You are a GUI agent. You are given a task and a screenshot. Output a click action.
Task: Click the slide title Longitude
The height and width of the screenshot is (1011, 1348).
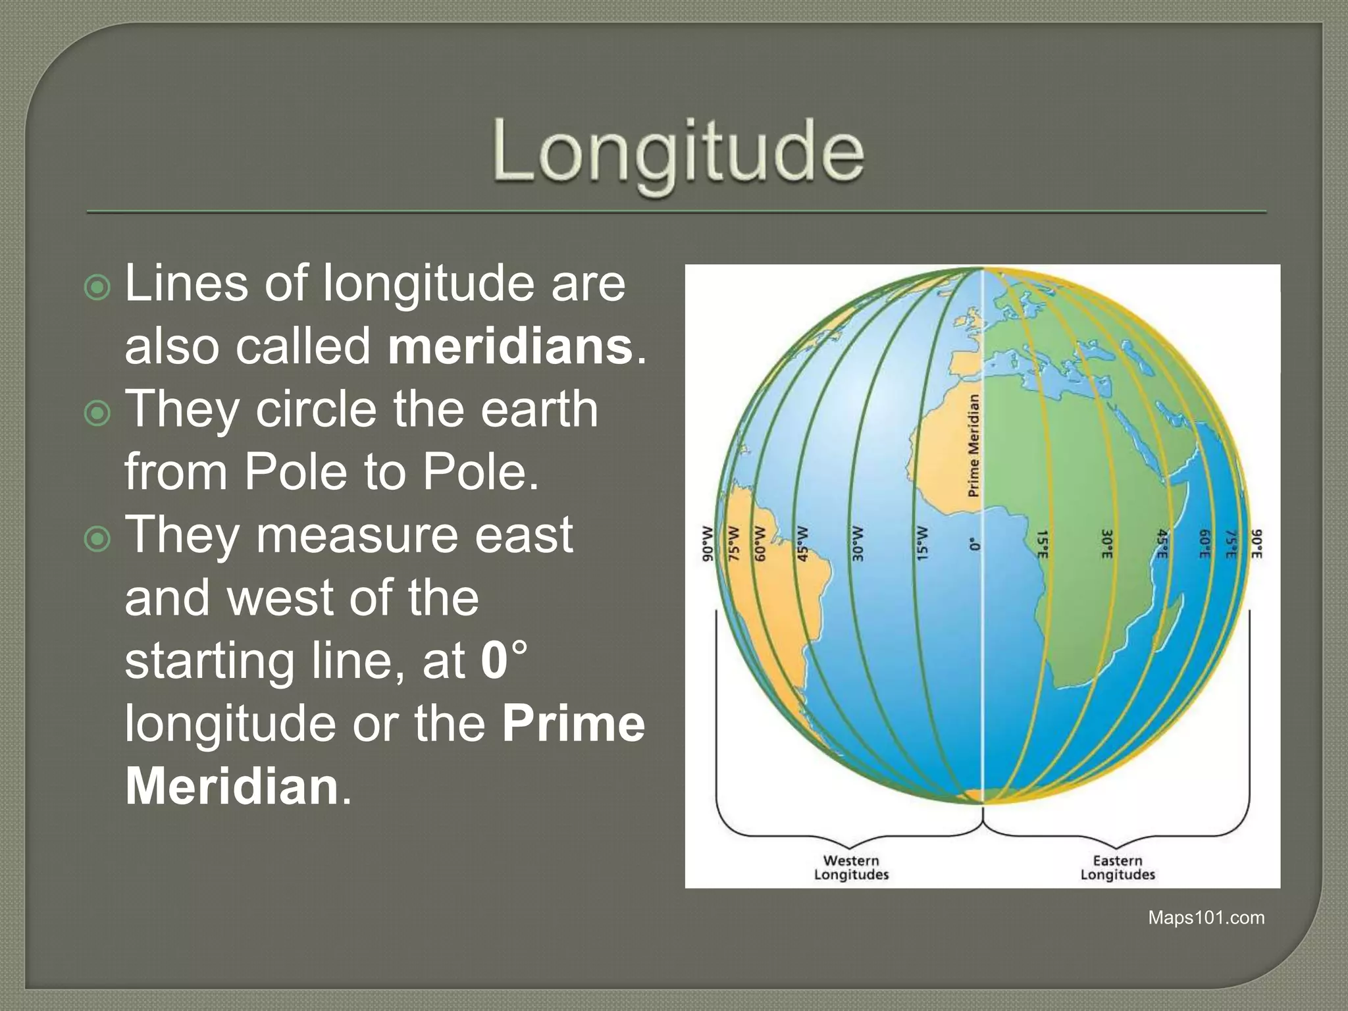pos(678,153)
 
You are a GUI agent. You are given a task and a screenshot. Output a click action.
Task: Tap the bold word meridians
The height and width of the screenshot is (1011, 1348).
pos(510,347)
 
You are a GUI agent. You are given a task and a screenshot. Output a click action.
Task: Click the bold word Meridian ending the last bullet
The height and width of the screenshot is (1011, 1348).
pos(232,787)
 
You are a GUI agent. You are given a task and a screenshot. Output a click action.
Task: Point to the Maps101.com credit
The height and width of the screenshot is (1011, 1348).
pos(1206,918)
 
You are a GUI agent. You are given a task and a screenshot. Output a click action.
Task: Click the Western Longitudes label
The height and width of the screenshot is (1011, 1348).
pos(851,868)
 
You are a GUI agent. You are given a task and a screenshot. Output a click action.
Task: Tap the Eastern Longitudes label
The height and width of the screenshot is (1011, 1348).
pos(1118,868)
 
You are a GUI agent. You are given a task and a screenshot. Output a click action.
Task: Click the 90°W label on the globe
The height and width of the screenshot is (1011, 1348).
pos(708,543)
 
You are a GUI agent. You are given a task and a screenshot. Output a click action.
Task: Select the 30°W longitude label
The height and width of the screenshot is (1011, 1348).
pos(858,543)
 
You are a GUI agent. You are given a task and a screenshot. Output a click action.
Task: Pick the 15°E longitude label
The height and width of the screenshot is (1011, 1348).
pos(1042,544)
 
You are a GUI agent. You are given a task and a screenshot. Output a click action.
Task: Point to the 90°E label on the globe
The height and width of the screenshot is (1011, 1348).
pos(1256,544)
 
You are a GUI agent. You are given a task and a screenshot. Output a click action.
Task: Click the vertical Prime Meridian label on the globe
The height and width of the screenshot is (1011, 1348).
pos(973,446)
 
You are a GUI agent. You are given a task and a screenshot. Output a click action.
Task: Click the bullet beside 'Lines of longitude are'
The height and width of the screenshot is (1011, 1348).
pos(97,288)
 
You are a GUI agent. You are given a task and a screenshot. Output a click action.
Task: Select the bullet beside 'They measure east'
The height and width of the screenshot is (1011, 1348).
pos(97,539)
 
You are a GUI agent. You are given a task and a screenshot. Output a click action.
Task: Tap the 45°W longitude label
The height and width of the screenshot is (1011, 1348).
pos(802,543)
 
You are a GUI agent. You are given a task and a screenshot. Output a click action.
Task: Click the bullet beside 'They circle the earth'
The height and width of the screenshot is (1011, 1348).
pos(97,413)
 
